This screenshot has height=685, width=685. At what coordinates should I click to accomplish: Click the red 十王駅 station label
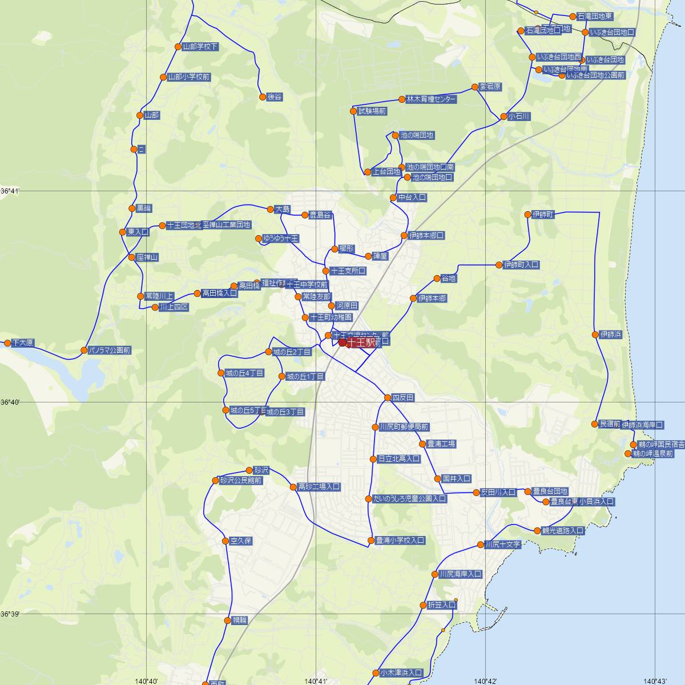[x=361, y=342]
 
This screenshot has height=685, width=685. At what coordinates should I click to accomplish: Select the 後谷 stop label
[x=275, y=97]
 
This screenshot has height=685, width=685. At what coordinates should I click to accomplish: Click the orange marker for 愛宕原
[x=474, y=87]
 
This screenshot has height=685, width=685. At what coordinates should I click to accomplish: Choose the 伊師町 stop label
[x=543, y=215]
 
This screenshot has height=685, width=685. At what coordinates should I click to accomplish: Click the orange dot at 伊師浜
[x=596, y=335]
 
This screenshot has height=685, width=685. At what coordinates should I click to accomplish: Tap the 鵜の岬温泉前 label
[x=653, y=454]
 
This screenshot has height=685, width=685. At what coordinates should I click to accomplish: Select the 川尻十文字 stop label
[x=502, y=545]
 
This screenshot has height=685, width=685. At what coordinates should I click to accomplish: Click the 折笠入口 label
[x=441, y=605]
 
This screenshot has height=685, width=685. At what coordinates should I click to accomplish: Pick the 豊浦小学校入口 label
[x=400, y=540]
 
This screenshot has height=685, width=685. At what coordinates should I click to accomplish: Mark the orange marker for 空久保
[x=225, y=541]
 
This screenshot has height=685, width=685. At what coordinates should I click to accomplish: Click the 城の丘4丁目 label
[x=244, y=373]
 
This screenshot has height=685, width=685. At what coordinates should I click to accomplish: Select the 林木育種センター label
[x=431, y=99]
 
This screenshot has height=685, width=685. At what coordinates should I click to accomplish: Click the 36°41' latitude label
[x=10, y=191]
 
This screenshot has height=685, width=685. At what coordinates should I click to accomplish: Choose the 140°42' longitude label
[x=486, y=680]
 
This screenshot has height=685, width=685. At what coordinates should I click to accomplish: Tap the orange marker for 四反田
[x=388, y=398]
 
